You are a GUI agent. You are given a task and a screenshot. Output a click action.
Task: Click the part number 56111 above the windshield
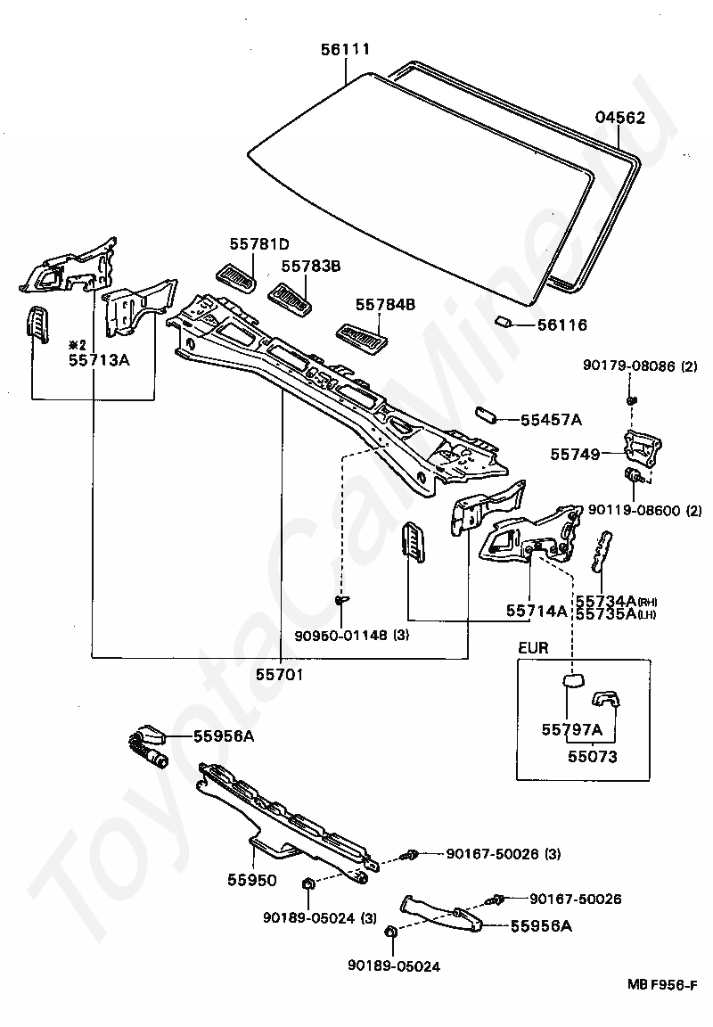(x=345, y=49)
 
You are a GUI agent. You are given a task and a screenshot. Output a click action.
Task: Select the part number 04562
(x=620, y=118)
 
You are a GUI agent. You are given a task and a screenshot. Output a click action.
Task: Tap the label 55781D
(x=259, y=244)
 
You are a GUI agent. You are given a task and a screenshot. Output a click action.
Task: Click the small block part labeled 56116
(x=502, y=320)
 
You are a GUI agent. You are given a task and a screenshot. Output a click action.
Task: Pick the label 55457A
(x=552, y=420)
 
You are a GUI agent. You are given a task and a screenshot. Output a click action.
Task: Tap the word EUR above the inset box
(x=533, y=648)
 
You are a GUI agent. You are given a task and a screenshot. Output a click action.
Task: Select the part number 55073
(x=592, y=757)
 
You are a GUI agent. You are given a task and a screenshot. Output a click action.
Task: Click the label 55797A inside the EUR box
(x=571, y=729)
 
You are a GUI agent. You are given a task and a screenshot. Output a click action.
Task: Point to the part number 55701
(x=280, y=674)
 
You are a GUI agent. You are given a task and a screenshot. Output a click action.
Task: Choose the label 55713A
(x=99, y=360)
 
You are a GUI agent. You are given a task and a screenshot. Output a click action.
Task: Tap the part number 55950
(x=252, y=880)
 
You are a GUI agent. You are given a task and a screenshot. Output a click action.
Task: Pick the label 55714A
(x=537, y=611)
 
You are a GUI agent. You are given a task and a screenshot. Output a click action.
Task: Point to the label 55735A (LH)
(x=616, y=613)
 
